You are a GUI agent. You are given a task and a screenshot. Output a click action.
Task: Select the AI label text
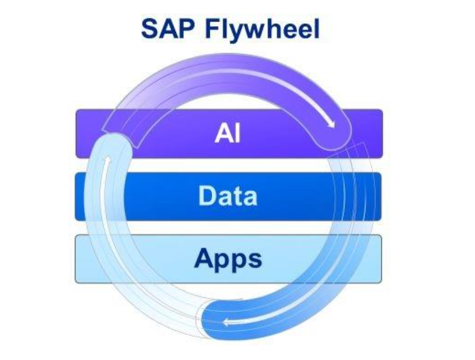228,134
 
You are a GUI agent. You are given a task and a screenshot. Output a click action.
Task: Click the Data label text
228,196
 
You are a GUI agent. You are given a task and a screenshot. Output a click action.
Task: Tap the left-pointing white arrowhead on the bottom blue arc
227,322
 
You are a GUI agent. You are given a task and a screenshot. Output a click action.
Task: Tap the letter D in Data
206,196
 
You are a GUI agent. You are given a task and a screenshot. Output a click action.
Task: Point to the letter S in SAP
150,29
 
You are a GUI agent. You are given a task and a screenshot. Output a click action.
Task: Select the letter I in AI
237,134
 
